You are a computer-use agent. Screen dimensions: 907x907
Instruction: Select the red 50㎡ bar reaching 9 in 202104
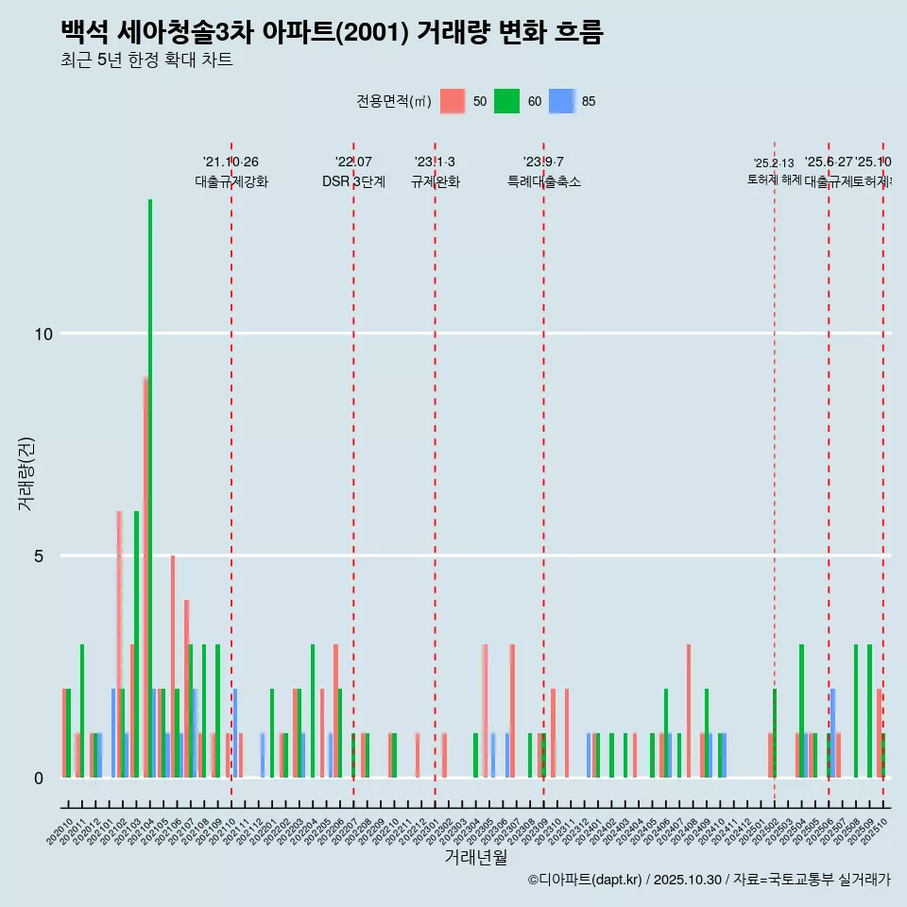tap(145, 576)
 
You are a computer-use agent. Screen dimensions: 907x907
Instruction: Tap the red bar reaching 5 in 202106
tap(173, 666)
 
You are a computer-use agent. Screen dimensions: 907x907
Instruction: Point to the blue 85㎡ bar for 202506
tap(833, 732)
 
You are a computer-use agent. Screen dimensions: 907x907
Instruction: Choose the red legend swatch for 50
tap(453, 102)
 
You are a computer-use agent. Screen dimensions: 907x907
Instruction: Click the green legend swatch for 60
tap(507, 102)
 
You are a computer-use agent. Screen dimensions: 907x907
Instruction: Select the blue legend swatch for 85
tap(562, 102)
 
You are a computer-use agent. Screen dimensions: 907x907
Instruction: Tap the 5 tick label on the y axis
tap(40, 556)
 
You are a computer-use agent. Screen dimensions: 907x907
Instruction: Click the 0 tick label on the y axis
tap(40, 779)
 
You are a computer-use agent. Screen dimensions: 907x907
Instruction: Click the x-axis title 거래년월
tap(476, 857)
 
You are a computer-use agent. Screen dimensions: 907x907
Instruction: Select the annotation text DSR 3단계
tap(353, 181)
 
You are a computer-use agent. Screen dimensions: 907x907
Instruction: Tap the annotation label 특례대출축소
tap(543, 181)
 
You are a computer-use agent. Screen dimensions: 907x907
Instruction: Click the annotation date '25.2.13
tap(774, 163)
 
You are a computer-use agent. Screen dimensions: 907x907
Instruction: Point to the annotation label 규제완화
tap(435, 181)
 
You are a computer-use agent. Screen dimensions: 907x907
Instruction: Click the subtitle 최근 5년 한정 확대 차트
tap(146, 60)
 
